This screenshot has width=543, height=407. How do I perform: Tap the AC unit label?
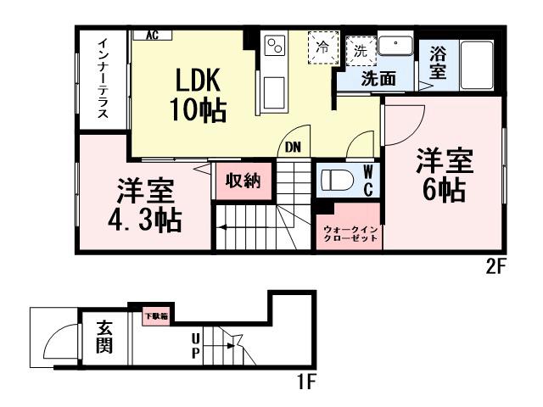pyautogui.click(x=153, y=35)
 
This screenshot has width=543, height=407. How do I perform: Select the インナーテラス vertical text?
pyautogui.click(x=102, y=79)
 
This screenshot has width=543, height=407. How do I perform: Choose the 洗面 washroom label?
pyautogui.click(x=377, y=80)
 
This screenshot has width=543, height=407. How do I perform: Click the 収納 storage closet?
pyautogui.click(x=237, y=180)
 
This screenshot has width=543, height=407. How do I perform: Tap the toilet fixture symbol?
pyautogui.click(x=339, y=179)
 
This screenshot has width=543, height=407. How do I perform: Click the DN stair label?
pyautogui.click(x=292, y=146)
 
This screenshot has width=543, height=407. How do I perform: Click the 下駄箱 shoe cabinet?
pyautogui.click(x=155, y=316)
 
